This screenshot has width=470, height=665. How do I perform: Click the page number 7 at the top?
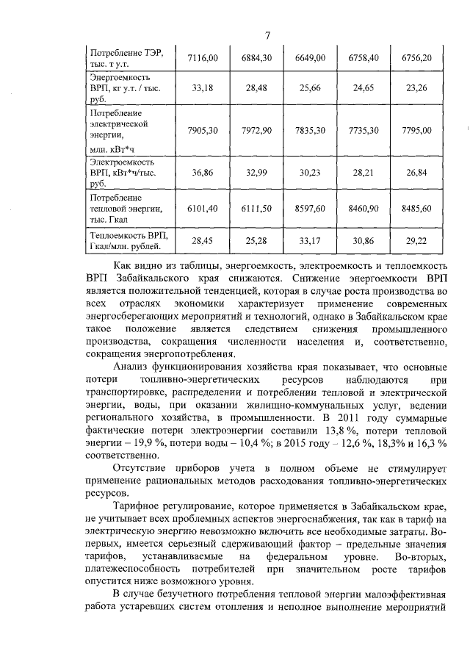[269, 35]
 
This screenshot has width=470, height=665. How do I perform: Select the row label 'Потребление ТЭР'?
[125, 52]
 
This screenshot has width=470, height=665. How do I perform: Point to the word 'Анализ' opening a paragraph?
[134, 367]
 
